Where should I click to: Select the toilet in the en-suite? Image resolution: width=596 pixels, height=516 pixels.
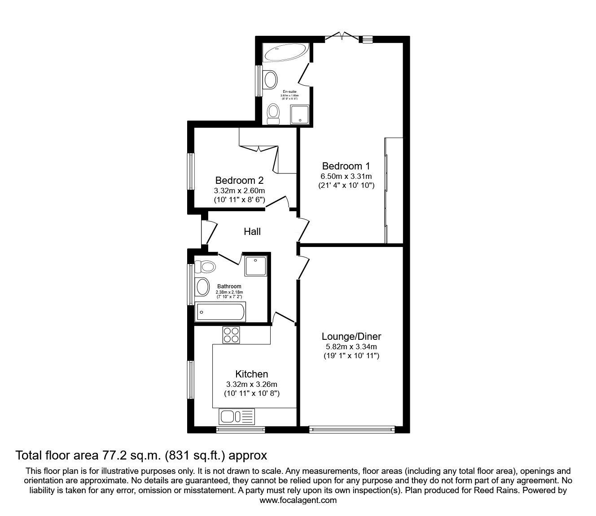tap(273, 114)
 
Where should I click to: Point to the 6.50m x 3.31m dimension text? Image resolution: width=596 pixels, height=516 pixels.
tap(346, 176)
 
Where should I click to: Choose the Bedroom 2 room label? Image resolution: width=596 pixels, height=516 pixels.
tap(239, 180)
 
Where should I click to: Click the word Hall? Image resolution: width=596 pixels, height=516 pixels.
tap(252, 232)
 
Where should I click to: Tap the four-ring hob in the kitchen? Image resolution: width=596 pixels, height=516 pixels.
tap(232, 335)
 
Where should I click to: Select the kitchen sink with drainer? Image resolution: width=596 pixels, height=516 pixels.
tap(237, 416)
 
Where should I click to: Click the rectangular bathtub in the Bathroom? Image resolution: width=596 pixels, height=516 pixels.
tap(221, 311)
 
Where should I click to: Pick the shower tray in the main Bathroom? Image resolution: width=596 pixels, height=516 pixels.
tap(256, 265)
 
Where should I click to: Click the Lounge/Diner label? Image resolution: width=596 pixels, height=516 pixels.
tap(351, 336)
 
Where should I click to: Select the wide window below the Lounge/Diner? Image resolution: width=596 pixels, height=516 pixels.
tap(352, 429)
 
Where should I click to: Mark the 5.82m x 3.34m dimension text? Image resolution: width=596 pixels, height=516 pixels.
tap(351, 347)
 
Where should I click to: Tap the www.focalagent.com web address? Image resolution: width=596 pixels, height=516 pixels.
tap(298, 500)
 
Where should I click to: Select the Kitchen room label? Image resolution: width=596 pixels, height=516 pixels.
tap(251, 374)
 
